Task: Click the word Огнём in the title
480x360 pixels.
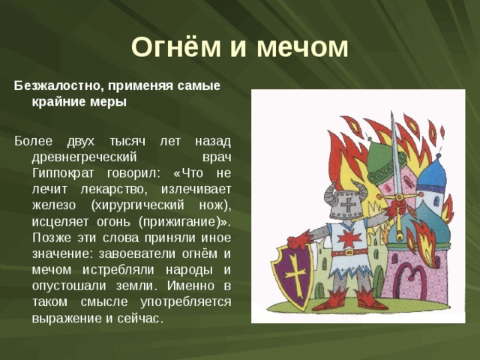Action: point(176,46)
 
